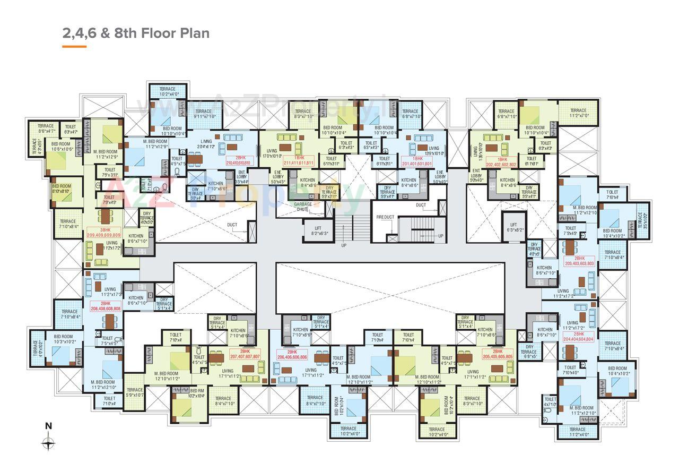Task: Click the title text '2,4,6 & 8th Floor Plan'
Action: tap(136, 33)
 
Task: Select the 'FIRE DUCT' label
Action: tap(385, 217)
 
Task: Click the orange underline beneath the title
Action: tap(74, 47)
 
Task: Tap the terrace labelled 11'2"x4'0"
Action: tap(578, 432)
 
